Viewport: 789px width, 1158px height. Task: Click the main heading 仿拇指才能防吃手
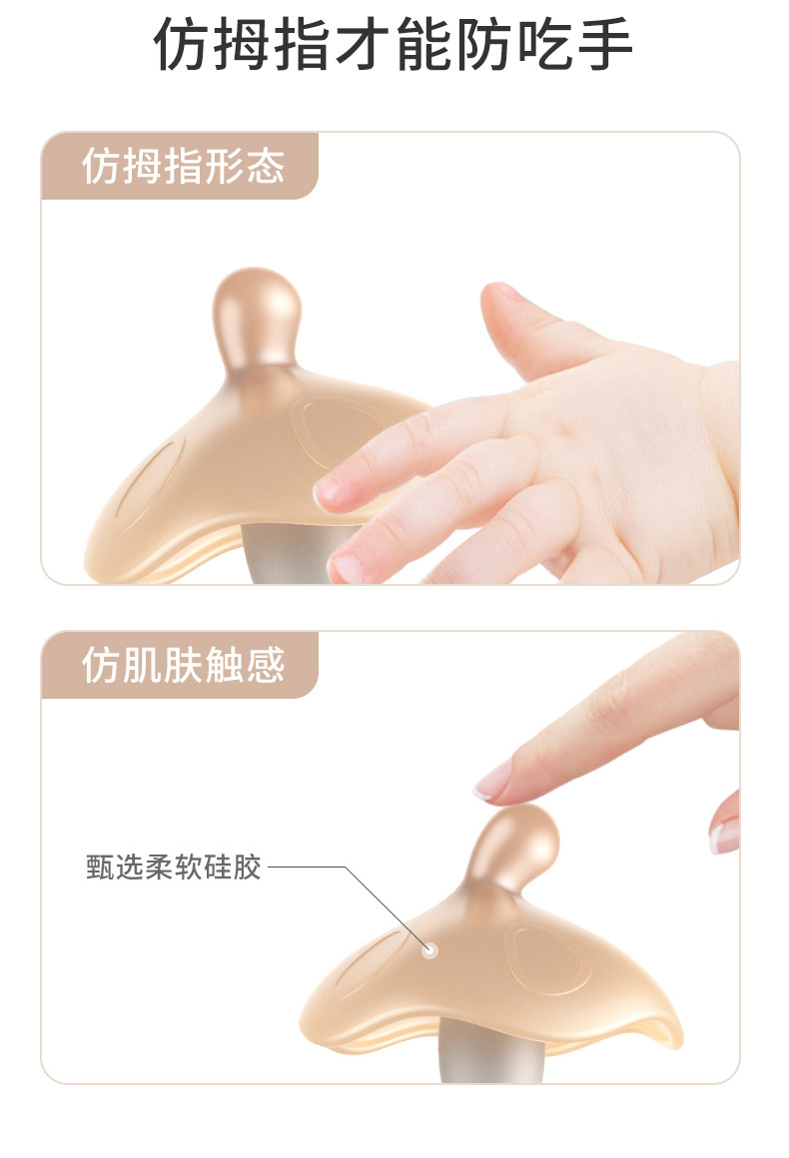click(x=394, y=44)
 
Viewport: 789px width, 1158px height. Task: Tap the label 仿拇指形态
click(x=183, y=166)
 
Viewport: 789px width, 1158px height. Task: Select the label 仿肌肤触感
click(x=183, y=665)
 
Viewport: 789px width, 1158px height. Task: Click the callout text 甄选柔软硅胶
click(x=174, y=868)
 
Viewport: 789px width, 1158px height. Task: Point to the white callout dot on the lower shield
click(x=429, y=950)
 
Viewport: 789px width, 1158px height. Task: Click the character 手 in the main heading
click(x=605, y=44)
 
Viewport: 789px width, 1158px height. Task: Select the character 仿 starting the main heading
click(x=181, y=44)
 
